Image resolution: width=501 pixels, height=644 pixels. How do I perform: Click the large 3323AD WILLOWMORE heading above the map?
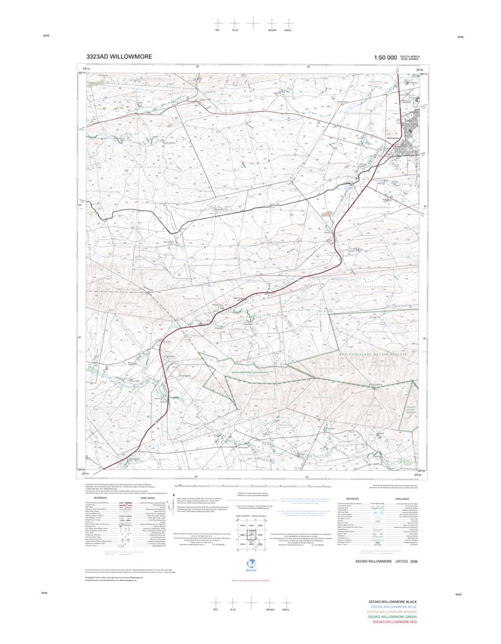tap(119, 57)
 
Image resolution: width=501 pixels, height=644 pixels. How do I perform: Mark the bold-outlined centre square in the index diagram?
tap(250, 535)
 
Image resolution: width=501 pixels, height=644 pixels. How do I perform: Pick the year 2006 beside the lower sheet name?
tap(414, 561)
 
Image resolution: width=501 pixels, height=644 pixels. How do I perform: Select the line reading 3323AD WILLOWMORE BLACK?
tap(392, 601)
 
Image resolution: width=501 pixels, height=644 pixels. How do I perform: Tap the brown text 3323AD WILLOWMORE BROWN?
tap(392, 612)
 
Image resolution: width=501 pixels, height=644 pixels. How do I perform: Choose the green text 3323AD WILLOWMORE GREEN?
tap(392, 617)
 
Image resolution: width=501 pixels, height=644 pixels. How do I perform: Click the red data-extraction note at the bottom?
tap(250, 580)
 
